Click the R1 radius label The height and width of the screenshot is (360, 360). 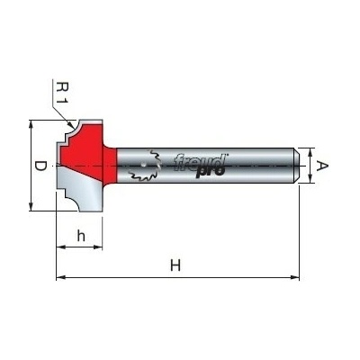63,94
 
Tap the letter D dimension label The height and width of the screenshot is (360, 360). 40,166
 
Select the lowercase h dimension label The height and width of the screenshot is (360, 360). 81,236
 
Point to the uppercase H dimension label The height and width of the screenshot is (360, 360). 175,265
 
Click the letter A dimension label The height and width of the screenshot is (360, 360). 322,166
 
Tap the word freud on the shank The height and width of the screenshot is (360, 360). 200,162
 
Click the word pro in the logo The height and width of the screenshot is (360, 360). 211,172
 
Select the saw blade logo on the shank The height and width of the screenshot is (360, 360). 145,166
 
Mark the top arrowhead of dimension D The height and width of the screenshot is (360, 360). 31,123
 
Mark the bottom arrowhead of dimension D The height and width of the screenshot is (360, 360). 31,207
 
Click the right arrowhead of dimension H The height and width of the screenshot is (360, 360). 295,277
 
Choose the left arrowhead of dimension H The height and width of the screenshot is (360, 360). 60,277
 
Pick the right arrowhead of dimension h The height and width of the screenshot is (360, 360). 98,247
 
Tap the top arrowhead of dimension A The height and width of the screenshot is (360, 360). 310,152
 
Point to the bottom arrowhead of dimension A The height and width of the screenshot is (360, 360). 310,179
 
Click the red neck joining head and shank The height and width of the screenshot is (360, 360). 110,165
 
